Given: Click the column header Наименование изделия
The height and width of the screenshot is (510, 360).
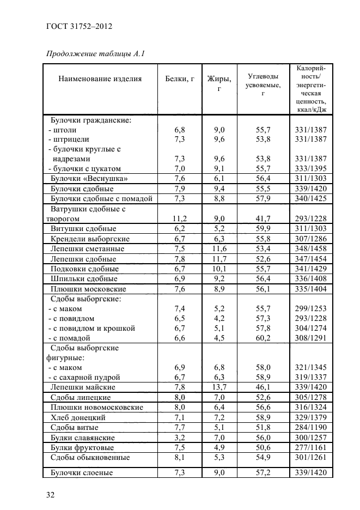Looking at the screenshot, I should (x=100, y=78).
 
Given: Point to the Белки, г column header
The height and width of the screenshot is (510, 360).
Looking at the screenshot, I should (x=180, y=78).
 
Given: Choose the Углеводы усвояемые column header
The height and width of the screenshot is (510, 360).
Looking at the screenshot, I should (x=263, y=85).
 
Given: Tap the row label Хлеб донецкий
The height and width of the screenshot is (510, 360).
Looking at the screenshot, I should (x=78, y=417).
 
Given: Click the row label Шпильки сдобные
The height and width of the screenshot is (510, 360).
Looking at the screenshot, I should (x=84, y=278).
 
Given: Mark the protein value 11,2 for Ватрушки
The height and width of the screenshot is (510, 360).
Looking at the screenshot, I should (x=180, y=218).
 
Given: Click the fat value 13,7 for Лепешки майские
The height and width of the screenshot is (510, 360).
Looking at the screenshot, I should (x=219, y=387).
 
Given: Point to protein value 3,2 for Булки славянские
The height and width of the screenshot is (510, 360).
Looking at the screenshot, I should (x=180, y=438).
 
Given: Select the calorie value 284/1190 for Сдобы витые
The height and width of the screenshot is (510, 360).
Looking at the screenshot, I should (x=310, y=427).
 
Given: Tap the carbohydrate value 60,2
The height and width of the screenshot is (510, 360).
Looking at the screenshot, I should (x=263, y=338).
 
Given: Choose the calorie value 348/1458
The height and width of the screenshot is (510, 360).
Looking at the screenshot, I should (x=310, y=248).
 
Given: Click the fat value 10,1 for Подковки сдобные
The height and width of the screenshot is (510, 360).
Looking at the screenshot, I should (x=219, y=269).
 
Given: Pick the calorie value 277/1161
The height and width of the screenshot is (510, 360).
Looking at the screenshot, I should (x=310, y=447).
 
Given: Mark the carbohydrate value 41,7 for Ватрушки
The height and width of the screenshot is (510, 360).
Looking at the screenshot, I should (x=263, y=218).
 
